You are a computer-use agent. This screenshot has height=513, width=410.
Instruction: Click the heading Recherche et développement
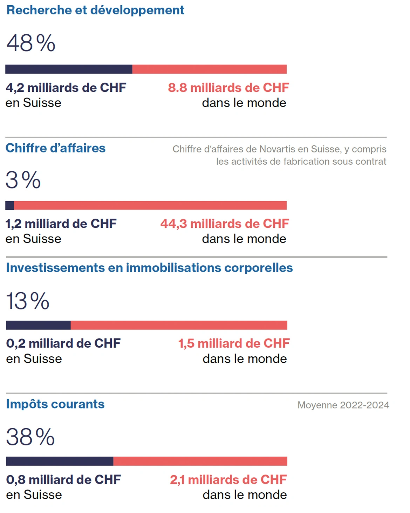tap(95, 10)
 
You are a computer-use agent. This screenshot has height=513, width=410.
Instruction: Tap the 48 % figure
tap(31, 43)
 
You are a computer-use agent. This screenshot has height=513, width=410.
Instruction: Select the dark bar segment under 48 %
tap(69, 69)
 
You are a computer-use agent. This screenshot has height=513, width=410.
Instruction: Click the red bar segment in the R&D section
tap(209, 69)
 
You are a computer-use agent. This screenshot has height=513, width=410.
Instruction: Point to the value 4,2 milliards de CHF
tap(66, 88)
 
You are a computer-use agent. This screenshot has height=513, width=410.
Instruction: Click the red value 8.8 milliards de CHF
tap(228, 88)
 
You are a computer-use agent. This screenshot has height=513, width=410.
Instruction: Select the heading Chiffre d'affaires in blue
tap(55, 148)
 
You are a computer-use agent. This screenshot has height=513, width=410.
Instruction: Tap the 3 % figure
tap(23, 180)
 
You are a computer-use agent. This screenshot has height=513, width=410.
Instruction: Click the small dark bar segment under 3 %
tap(10, 205)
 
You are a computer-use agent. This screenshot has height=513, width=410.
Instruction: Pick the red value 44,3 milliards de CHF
tap(225, 224)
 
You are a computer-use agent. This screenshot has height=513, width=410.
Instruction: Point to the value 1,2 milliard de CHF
tap(61, 224)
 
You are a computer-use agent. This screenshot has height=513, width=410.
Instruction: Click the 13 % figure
tap(28, 301)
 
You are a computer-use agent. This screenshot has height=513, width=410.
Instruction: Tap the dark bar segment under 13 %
tap(38, 325)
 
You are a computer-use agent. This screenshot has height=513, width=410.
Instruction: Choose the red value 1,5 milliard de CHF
tap(234, 343)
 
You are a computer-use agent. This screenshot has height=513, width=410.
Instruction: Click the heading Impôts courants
tap(55, 404)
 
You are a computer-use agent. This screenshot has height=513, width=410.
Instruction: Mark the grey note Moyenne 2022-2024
tap(343, 405)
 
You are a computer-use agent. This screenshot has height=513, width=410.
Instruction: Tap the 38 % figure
tap(30, 437)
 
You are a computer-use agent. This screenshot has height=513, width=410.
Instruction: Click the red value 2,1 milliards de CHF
tap(228, 480)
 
